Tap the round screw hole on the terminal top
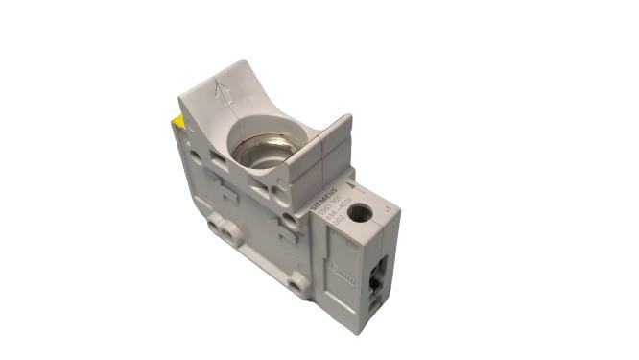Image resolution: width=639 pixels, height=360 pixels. [x=361, y=212]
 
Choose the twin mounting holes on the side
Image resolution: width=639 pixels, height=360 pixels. [x=223, y=228]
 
